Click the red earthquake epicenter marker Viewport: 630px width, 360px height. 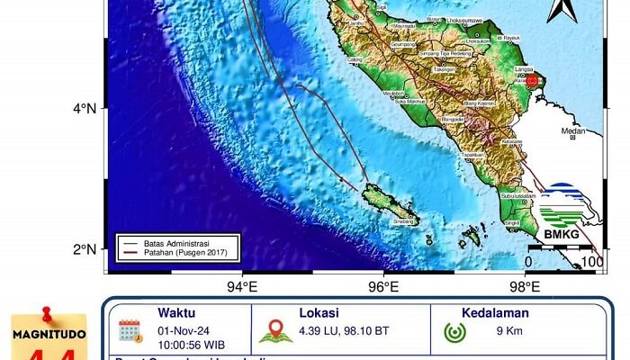click(532, 81)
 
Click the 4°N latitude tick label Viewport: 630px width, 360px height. click(85, 109)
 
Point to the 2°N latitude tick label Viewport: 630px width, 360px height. click(85, 249)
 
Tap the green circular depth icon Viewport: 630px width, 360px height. click(454, 329)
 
